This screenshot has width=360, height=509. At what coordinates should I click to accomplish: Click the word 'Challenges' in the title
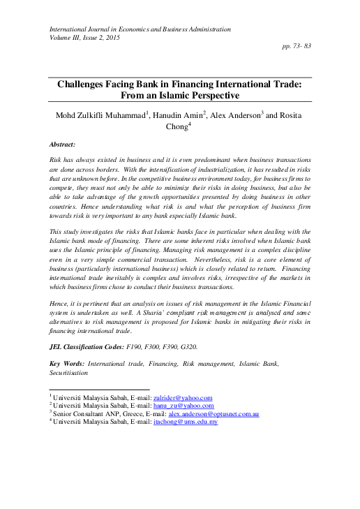87,82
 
